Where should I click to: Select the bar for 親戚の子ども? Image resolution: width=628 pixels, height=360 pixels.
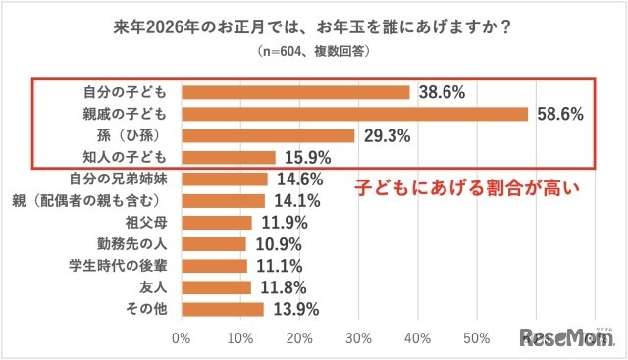[354, 114]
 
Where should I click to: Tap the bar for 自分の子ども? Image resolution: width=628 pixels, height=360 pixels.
[295, 92]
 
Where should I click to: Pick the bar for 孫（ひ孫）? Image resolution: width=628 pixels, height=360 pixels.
[268, 135]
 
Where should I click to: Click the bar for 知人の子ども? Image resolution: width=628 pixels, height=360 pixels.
[228, 157]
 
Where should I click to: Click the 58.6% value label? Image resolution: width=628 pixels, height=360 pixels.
[559, 115]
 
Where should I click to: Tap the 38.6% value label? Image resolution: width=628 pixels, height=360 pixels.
[441, 92]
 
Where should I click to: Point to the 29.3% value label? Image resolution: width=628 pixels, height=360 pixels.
[386, 135]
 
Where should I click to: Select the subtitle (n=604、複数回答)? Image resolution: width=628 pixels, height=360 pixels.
[314, 52]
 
